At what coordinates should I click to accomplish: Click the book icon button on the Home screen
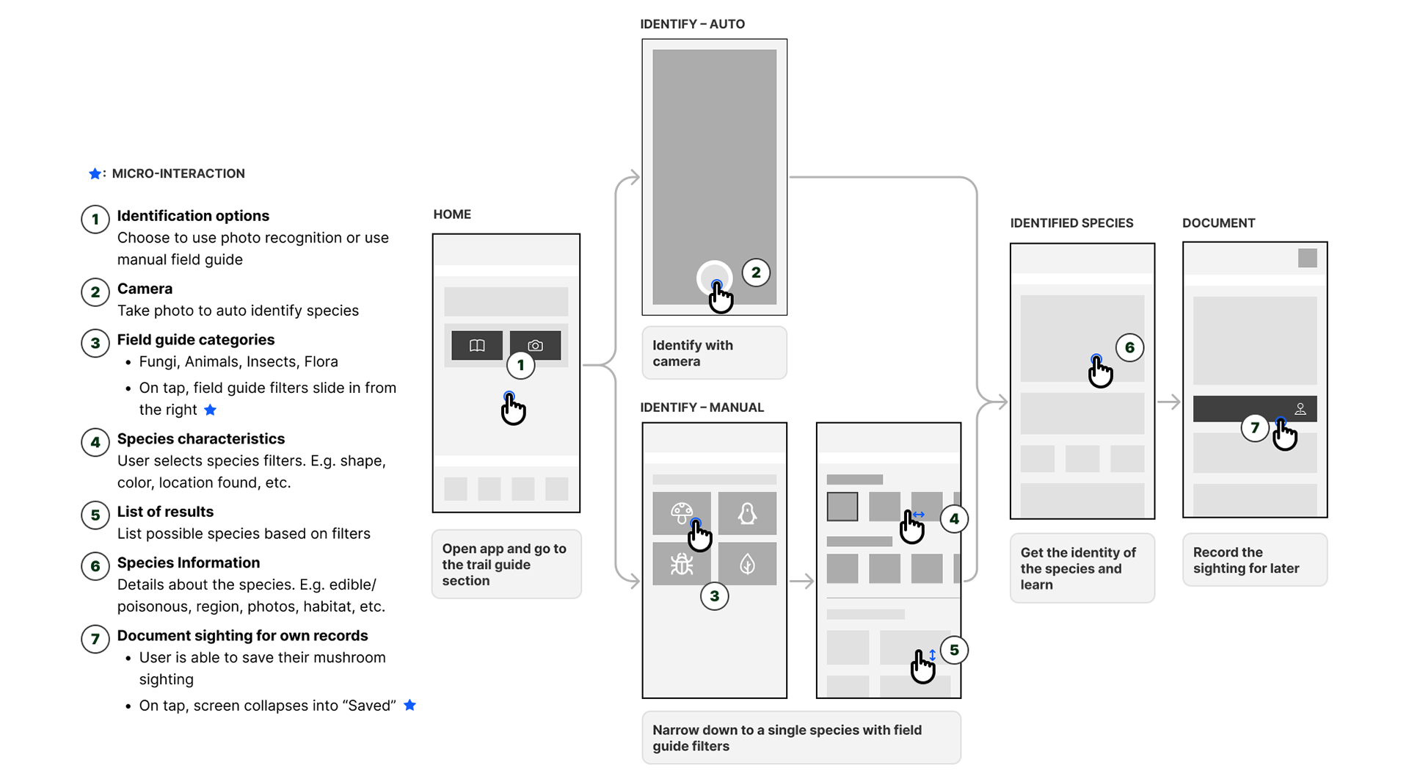pos(477,345)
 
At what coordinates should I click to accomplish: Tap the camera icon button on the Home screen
pos(536,345)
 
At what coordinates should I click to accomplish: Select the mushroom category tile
pos(682,513)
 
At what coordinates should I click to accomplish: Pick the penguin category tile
pos(747,513)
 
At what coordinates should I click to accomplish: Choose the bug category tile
pos(682,564)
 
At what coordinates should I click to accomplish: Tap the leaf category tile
pos(747,564)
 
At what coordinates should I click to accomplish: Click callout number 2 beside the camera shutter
pos(756,272)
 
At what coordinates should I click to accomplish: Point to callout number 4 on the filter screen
pos(954,519)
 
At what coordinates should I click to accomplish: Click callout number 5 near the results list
pos(954,650)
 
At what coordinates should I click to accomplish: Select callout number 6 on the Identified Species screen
pos(1129,347)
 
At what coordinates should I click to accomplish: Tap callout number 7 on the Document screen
pos(1255,427)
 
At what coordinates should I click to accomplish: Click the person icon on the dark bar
pos(1300,409)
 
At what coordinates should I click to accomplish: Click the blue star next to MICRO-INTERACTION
pos(95,173)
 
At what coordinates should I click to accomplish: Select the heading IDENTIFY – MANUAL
pos(702,408)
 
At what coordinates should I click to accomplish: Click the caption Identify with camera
pos(693,353)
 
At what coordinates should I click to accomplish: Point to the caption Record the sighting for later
pos(1246,560)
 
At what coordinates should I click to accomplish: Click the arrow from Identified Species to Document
pos(1169,402)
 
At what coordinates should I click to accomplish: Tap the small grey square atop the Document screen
pos(1308,258)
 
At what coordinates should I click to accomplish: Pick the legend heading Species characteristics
pos(201,439)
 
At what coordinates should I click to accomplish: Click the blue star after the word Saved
pos(410,705)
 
